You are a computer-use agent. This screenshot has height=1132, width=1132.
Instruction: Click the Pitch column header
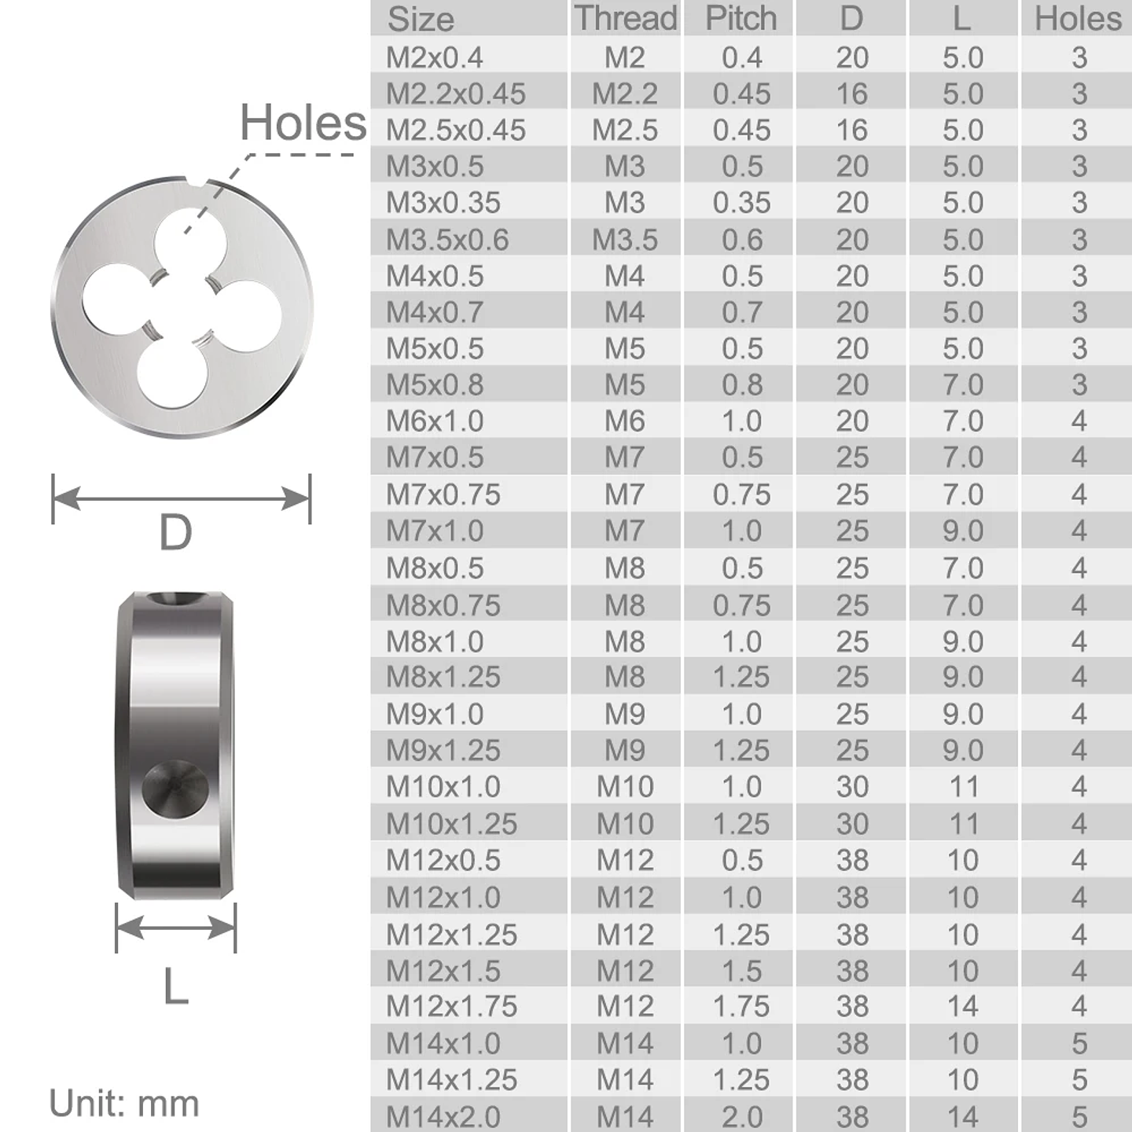(x=741, y=18)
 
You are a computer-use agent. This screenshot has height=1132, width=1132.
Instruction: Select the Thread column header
(x=625, y=18)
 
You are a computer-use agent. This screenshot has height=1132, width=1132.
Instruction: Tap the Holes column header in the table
(x=1078, y=18)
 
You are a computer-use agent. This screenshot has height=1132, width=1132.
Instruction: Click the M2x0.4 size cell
(x=434, y=57)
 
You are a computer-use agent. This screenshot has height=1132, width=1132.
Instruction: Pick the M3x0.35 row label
(x=443, y=203)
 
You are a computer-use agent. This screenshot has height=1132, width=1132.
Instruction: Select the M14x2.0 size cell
(x=443, y=1116)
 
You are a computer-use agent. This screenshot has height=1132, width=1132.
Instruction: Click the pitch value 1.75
(x=741, y=1006)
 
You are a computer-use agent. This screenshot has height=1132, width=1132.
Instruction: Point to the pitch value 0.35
(x=741, y=203)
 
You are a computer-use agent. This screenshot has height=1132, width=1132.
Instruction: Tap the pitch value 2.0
(x=741, y=1116)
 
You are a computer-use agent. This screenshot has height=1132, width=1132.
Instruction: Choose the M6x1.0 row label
(x=434, y=421)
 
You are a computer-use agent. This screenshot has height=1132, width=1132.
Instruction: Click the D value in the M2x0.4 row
(x=852, y=57)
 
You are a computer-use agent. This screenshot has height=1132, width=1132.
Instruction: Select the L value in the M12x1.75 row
(x=963, y=1006)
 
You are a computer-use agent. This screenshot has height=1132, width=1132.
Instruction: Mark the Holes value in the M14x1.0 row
(x=1079, y=1043)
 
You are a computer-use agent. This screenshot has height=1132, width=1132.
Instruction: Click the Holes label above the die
(x=303, y=123)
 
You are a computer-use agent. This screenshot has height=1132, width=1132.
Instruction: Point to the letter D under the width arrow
(x=175, y=533)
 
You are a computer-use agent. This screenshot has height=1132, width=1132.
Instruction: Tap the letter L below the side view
(x=175, y=987)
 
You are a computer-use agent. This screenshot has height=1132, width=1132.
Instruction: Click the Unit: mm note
(x=123, y=1103)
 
